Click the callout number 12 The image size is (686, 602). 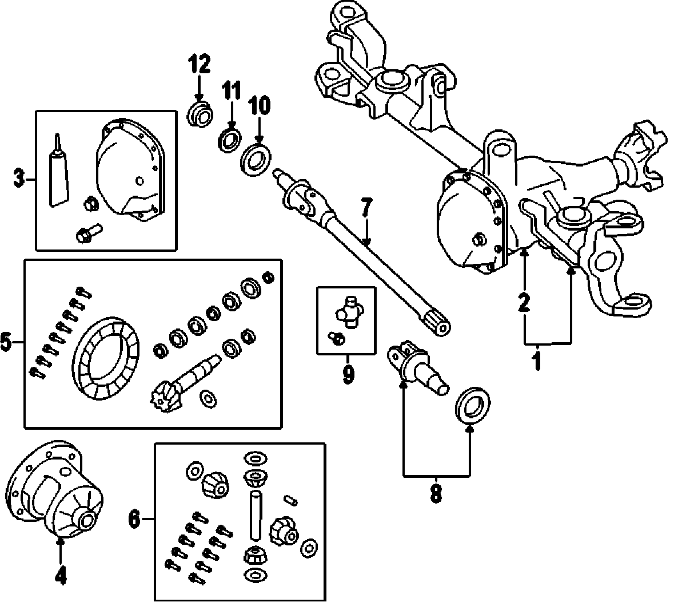pyautogui.click(x=200, y=64)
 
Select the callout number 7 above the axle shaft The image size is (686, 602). pyautogui.click(x=365, y=207)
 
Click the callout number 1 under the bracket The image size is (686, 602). pyautogui.click(x=537, y=361)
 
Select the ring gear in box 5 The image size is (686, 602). pyautogui.click(x=106, y=359)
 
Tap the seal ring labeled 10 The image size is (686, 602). pyautogui.click(x=256, y=160)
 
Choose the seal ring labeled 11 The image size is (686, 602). pyautogui.click(x=230, y=140)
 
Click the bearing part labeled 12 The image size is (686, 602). pyautogui.click(x=200, y=114)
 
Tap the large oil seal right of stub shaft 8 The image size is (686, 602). pyautogui.click(x=472, y=406)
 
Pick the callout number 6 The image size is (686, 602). pyautogui.click(x=134, y=519)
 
